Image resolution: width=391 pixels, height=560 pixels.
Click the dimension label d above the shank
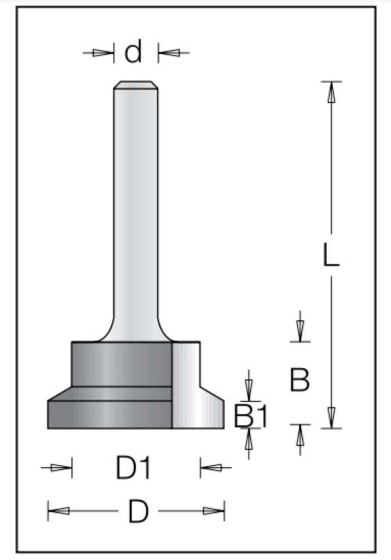coord(133,52)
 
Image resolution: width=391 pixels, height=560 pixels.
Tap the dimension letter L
coord(331,254)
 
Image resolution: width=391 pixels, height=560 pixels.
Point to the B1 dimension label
coord(251,416)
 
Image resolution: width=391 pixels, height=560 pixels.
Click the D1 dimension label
coord(133,468)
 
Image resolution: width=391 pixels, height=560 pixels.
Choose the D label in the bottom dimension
coord(138,511)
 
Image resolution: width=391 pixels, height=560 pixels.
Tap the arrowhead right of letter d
coord(168,53)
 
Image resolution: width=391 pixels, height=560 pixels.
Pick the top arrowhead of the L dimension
coord(331,92)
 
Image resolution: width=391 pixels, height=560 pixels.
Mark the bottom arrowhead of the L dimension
coord(331,418)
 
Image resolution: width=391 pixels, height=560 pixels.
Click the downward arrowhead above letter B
coord(300,331)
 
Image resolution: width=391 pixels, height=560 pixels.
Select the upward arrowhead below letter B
coord(300,435)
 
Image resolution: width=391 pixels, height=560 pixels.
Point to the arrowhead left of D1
coord(61,468)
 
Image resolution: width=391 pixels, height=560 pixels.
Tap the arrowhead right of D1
coord(211,468)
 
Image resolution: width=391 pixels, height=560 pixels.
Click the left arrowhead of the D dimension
coord(59,511)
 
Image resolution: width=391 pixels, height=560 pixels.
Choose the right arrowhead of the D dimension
coord(214,511)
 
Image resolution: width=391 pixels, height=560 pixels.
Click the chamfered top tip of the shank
coord(136,85)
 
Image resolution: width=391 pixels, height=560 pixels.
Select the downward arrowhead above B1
coord(249,390)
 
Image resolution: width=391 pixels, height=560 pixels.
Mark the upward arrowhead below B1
coord(249,439)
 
